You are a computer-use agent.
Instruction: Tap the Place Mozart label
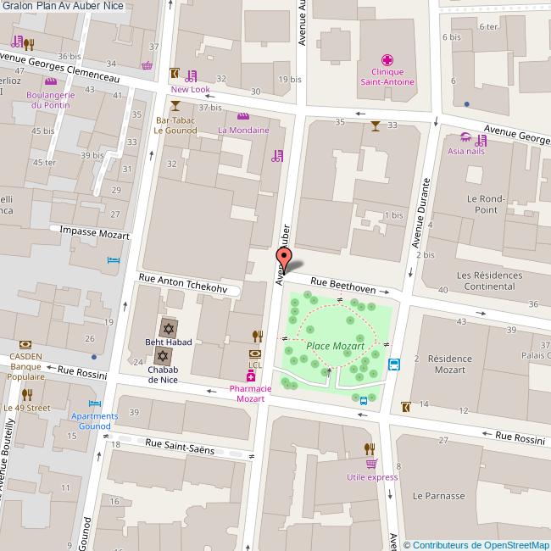coord(335,346)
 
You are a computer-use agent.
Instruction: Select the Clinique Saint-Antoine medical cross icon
coord(387,60)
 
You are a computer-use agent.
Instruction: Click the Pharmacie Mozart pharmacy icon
coord(251,376)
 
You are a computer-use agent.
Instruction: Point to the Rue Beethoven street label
coord(342,284)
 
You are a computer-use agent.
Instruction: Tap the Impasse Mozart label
coord(94,232)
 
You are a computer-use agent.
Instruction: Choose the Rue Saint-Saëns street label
coord(179,446)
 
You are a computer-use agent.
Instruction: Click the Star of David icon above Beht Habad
coord(168,327)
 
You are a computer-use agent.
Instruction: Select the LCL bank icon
coord(254,353)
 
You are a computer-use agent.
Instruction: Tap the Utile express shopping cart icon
coord(371,464)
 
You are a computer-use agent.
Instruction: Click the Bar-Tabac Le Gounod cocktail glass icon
coord(175,106)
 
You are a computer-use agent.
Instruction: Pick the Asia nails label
coord(465,151)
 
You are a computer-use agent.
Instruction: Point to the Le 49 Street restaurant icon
coord(26,394)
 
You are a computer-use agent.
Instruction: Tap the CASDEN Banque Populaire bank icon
coord(25,344)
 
